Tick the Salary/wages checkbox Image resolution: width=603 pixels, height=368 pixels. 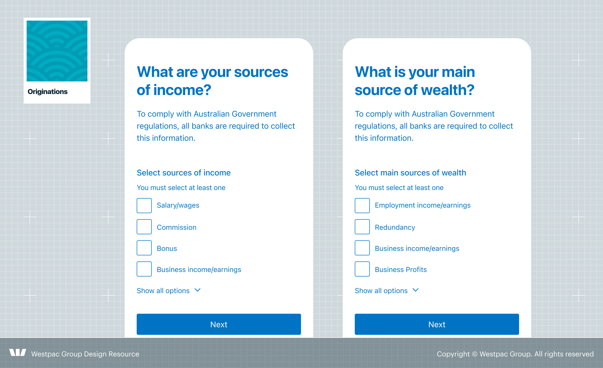tap(144, 206)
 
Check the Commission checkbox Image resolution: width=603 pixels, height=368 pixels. tap(144, 227)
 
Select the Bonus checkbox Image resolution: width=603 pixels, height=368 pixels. tap(144, 248)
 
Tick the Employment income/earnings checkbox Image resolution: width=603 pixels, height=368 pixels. tap(362, 206)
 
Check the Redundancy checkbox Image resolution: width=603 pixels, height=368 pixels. tap(362, 227)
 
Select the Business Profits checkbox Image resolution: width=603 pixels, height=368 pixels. tap(362, 269)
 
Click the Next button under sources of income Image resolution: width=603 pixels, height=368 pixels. tap(219, 324)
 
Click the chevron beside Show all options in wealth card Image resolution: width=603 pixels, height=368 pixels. tap(416, 290)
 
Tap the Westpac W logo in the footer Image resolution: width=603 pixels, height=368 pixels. tap(18, 352)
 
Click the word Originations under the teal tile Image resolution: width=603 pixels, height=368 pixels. tap(48, 91)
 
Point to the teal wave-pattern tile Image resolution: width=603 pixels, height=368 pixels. tap(57, 51)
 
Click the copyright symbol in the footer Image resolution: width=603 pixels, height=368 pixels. tap(475, 354)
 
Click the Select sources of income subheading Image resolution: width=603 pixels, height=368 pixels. tap(184, 173)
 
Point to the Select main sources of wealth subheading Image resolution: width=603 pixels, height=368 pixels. tap(411, 173)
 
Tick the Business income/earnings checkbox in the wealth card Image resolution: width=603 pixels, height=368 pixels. tap(362, 248)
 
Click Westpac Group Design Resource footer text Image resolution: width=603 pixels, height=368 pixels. tap(85, 354)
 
